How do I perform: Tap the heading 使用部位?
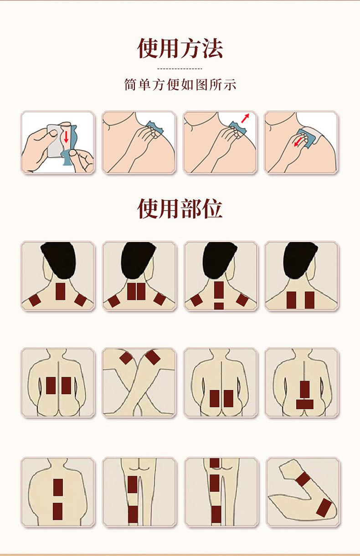click(180, 209)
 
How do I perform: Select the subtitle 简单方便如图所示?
click(180, 85)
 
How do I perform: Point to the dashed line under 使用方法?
click(180, 69)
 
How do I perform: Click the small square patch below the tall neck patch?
click(219, 306)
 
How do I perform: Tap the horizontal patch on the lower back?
click(304, 404)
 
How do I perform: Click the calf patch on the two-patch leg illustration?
click(133, 514)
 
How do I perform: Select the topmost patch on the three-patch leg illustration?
click(215, 463)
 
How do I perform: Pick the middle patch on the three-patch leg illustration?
click(215, 483)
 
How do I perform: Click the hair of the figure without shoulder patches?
click(300, 258)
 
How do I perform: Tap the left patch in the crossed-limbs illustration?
click(126, 358)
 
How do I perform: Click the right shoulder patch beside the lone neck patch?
click(80, 300)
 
